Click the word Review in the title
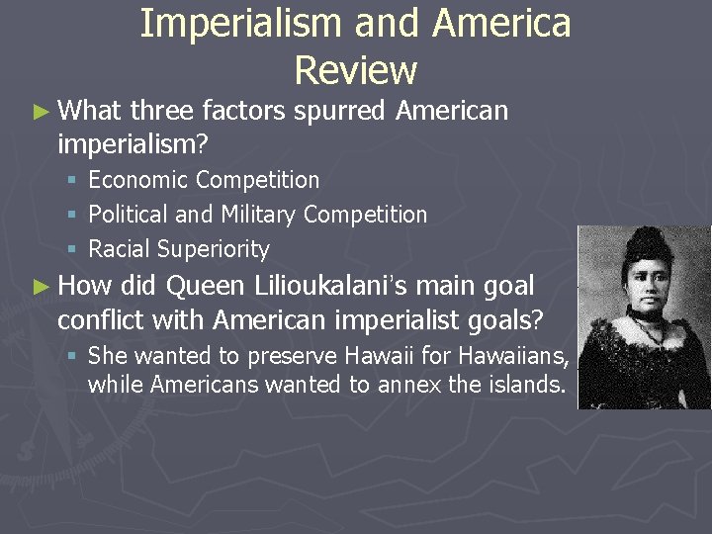[x=355, y=70]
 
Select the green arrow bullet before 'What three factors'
[x=41, y=111]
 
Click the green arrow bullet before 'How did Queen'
[x=41, y=287]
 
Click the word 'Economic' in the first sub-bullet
[x=137, y=180]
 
